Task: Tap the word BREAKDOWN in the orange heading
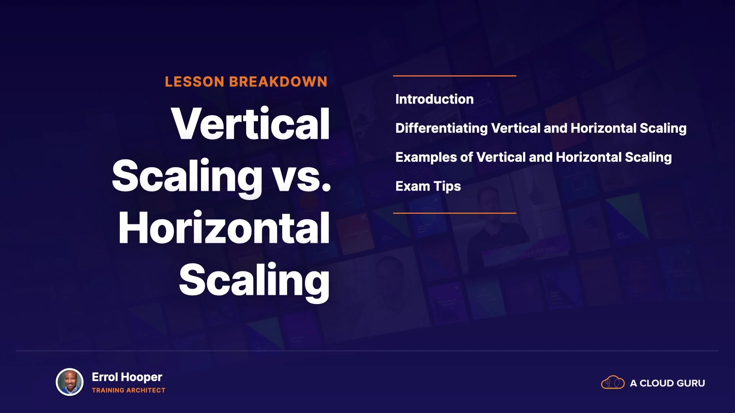tap(278, 82)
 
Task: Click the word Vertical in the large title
tap(250, 124)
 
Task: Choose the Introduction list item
tap(434, 99)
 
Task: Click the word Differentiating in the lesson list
tap(441, 128)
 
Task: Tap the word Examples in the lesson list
tap(426, 158)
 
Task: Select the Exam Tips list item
tap(428, 187)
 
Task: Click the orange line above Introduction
tap(455, 76)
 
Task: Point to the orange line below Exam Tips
tap(455, 213)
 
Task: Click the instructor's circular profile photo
tap(70, 382)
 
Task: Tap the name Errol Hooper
tap(127, 377)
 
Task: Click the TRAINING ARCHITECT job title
tap(129, 390)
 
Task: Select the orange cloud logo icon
tap(613, 382)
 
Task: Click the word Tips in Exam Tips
tap(447, 187)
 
